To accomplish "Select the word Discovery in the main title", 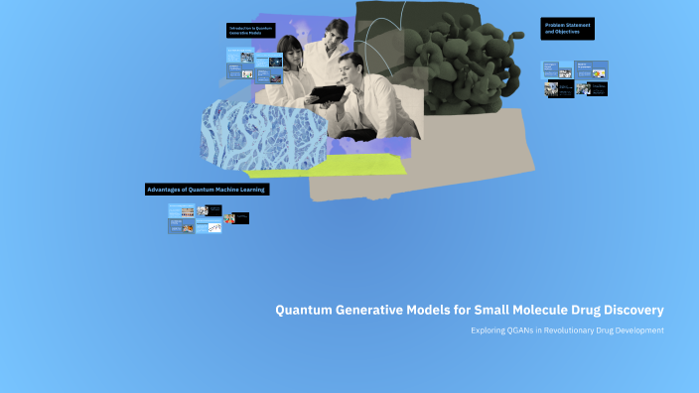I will pyautogui.click(x=629, y=310).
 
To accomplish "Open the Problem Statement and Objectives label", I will pyautogui.click(x=567, y=29).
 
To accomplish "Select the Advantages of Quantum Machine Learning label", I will pyautogui.click(x=207, y=189).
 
